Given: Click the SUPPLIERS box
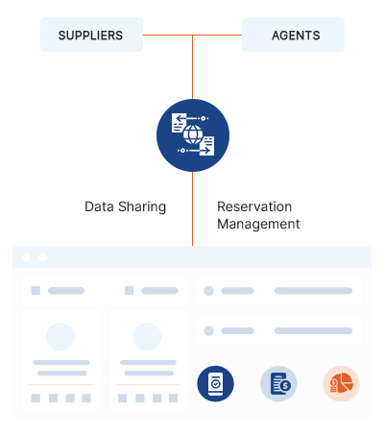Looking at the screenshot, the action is click(91, 35).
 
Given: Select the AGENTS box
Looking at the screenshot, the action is click(293, 35).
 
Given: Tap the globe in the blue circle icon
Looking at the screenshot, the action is click(193, 134).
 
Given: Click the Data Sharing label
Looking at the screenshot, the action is click(125, 206).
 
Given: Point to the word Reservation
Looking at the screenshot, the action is click(254, 206).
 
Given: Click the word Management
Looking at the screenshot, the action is click(258, 224).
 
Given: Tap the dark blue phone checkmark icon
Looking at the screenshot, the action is click(215, 383).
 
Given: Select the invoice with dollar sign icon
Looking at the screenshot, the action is click(278, 383).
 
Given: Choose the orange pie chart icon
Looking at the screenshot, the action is click(342, 383).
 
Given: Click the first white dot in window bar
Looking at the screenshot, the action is click(27, 257).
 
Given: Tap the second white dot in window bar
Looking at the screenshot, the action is click(43, 257).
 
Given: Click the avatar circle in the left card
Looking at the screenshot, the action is click(60, 337).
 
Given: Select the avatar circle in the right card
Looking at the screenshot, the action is click(147, 337).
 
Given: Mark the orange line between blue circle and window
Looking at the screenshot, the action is click(192, 208).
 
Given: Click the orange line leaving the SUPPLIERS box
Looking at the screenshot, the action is click(168, 35).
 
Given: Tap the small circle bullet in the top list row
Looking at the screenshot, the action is click(208, 291).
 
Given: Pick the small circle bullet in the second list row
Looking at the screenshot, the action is click(208, 330).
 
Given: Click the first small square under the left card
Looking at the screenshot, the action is click(36, 399).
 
